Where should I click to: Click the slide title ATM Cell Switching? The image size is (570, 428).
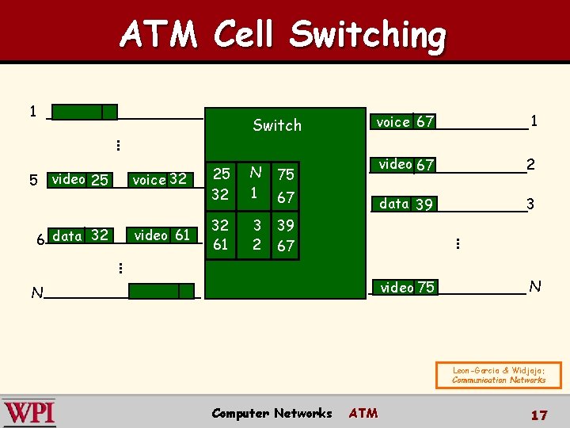pyautogui.click(x=283, y=35)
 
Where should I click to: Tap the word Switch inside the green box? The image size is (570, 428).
pyautogui.click(x=277, y=125)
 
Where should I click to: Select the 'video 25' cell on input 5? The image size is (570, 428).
pyautogui.click(x=79, y=180)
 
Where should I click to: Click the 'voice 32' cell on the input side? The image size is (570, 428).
pyautogui.click(x=160, y=180)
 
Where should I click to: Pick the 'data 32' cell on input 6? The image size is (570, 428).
pyautogui.click(x=80, y=235)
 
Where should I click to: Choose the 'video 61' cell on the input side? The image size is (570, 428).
pyautogui.click(x=161, y=235)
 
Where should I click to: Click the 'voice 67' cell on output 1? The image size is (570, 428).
pyautogui.click(x=405, y=122)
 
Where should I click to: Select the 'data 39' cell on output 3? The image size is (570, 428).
pyautogui.click(x=406, y=204)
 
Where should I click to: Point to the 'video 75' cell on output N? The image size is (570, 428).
pyautogui.click(x=407, y=288)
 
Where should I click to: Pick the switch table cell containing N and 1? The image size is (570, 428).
pyautogui.click(x=255, y=183)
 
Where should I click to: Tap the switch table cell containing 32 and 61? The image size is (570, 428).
pyautogui.click(x=221, y=235)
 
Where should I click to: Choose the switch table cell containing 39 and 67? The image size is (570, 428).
pyautogui.click(x=286, y=235)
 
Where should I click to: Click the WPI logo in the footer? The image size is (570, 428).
pyautogui.click(x=29, y=413)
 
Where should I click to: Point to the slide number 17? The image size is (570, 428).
pyautogui.click(x=539, y=415)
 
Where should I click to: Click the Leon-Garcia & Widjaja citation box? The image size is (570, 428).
pyautogui.click(x=499, y=375)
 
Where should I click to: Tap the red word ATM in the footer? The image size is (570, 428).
pyautogui.click(x=363, y=413)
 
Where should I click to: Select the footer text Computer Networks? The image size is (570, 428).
pyautogui.click(x=272, y=413)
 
